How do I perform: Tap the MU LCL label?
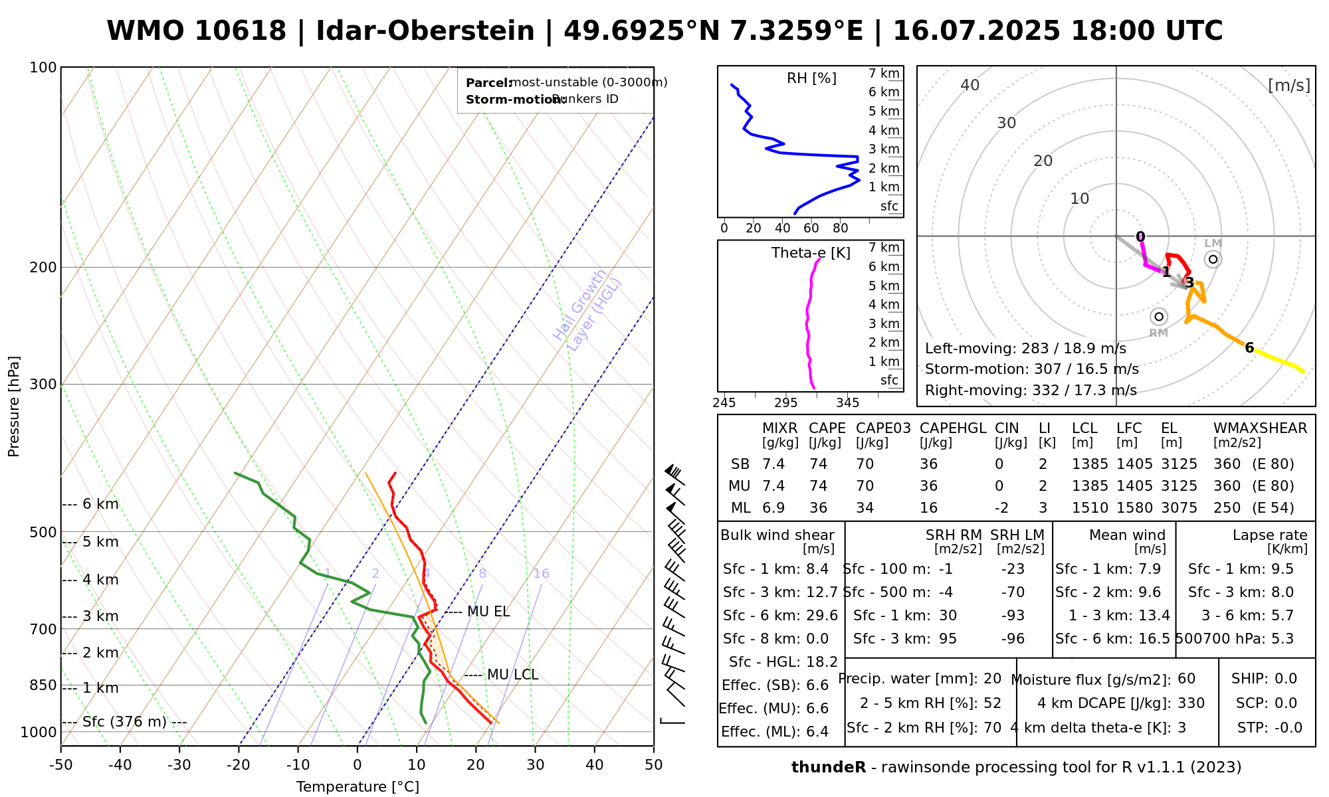click(x=512, y=675)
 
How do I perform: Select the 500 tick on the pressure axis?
click(x=43, y=532)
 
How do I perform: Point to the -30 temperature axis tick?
click(x=179, y=765)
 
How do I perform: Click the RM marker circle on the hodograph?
click(x=1159, y=317)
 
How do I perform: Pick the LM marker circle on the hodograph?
click(x=1213, y=259)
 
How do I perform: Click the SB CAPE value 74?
click(x=819, y=464)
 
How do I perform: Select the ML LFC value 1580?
click(x=1129, y=508)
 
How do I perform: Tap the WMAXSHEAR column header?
click(x=1260, y=428)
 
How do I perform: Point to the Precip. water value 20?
click(x=992, y=679)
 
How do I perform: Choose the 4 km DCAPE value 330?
click(x=1191, y=703)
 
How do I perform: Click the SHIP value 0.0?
click(x=1286, y=679)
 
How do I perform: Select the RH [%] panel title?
click(x=811, y=78)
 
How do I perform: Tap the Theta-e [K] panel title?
click(x=811, y=253)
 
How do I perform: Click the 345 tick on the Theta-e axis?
click(x=847, y=403)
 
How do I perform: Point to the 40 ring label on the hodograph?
click(x=970, y=85)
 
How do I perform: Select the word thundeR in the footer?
click(x=829, y=768)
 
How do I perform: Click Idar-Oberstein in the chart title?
click(x=425, y=31)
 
